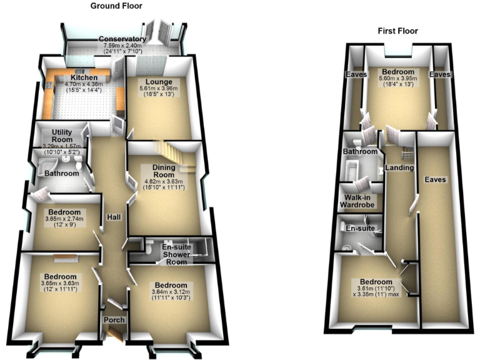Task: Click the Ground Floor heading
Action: [116, 6]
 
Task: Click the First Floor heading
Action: [397, 31]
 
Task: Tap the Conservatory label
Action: [122, 39]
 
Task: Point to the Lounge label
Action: [158, 82]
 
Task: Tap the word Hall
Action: [114, 217]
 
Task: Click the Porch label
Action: [115, 320]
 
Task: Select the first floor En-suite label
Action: [359, 229]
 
